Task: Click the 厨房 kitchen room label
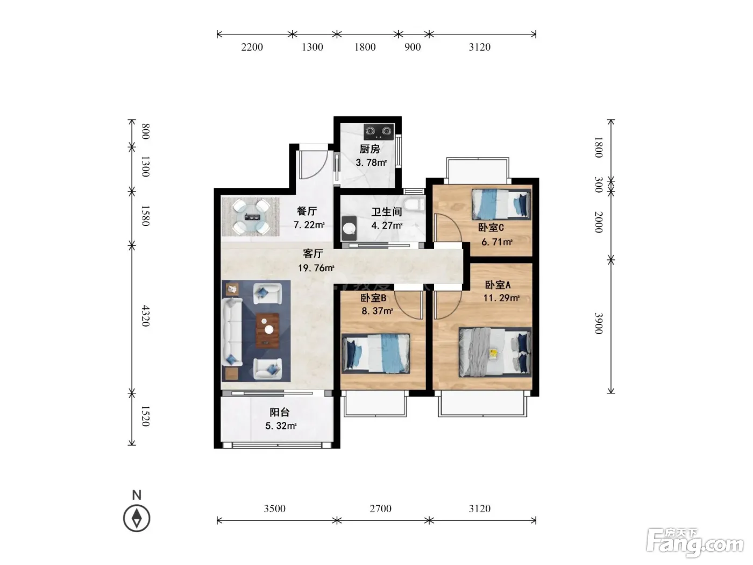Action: (370, 149)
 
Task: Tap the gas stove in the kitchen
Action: (379, 132)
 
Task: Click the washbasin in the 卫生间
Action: (349, 228)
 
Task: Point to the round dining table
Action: (250, 217)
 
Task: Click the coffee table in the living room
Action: (267, 330)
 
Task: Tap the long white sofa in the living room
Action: (233, 332)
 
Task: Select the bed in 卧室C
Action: (501, 204)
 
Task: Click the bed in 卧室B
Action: (376, 354)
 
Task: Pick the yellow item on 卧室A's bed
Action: (493, 354)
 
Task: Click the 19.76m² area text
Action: (316, 268)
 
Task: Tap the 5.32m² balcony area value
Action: (281, 426)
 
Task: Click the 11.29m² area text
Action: (501, 298)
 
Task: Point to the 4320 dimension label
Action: (146, 316)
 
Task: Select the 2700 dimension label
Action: (380, 508)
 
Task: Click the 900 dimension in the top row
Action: (413, 47)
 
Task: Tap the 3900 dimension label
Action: (599, 323)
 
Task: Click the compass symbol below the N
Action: (137, 518)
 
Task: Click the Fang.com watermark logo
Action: (695, 543)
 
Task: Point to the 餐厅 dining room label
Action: (307, 211)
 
